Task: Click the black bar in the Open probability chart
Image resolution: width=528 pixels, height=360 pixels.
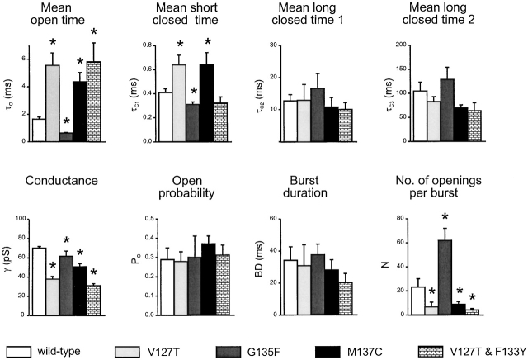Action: click(207, 280)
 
